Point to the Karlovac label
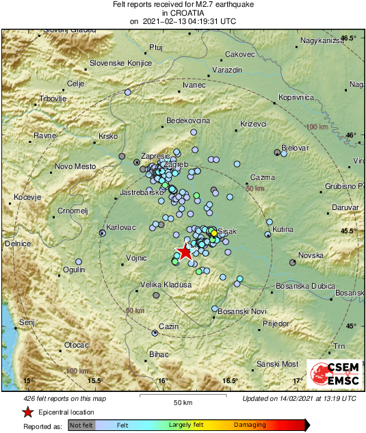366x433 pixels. (x=121, y=227)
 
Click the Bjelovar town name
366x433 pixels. (x=296, y=148)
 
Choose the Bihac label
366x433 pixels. (x=158, y=354)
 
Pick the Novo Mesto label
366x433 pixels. (x=75, y=166)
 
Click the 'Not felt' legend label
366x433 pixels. (x=82, y=425)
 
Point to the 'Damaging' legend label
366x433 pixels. (x=250, y=425)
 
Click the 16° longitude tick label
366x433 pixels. (x=163, y=380)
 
